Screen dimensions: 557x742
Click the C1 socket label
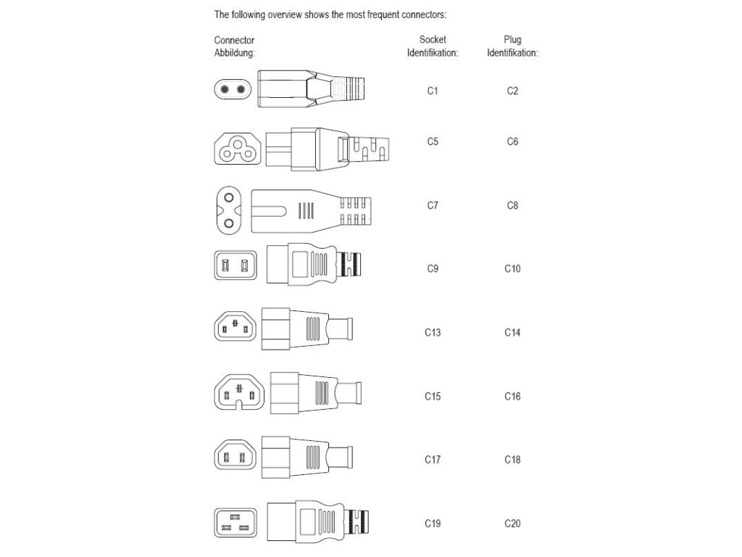tap(433, 91)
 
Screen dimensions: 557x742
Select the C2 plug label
tap(512, 91)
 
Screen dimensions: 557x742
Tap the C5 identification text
tap(433, 142)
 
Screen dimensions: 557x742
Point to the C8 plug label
tap(512, 206)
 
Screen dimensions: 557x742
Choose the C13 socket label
tap(433, 333)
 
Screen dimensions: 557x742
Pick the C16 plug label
tap(512, 397)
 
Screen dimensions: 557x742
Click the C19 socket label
tap(433, 524)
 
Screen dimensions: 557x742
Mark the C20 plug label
tap(512, 524)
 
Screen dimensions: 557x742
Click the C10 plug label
tap(512, 269)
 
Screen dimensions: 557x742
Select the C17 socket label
tap(433, 460)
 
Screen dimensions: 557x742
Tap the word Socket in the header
tap(433, 40)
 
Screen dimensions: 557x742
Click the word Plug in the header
tap(512, 40)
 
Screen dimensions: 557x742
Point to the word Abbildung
tap(235, 53)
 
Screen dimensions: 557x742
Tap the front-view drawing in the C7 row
tap(230, 210)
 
